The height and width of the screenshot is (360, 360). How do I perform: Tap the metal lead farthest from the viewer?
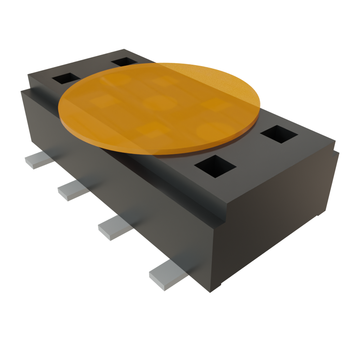pos(37,161)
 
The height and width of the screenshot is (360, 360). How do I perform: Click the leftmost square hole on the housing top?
pos(66,78)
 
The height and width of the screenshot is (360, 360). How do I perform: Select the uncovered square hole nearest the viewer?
pos(215,166)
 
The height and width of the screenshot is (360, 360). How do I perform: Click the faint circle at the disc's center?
pos(160,103)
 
